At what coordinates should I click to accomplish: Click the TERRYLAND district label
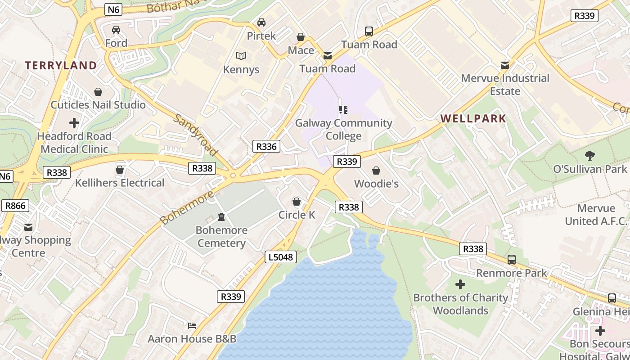[x=61, y=65]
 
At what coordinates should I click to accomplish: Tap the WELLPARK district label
[x=473, y=119]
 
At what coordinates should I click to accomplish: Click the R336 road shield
[x=266, y=146]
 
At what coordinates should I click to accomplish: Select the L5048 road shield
[x=281, y=257]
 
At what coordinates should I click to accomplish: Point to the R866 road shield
[x=15, y=206]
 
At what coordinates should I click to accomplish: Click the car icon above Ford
[x=116, y=30]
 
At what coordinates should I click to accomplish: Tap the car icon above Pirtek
[x=261, y=22]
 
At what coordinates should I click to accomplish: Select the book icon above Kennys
[x=241, y=56]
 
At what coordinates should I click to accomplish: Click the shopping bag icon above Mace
[x=301, y=36]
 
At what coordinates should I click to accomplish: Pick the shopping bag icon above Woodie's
[x=376, y=171]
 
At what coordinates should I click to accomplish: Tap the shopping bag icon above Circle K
[x=297, y=202]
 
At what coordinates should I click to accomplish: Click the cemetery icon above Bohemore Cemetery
[x=221, y=217]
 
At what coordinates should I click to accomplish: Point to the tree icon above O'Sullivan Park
[x=589, y=156]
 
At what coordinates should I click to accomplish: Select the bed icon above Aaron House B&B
[x=192, y=325]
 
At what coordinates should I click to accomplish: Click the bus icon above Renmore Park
[x=512, y=259]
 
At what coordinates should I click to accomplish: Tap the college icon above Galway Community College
[x=343, y=109]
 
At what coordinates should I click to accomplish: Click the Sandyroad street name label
[x=195, y=135]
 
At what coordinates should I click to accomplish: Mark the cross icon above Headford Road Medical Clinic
[x=74, y=122]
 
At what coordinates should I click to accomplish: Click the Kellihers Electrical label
[x=120, y=183]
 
